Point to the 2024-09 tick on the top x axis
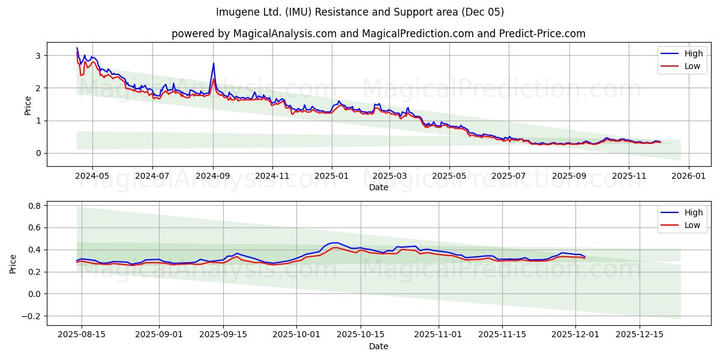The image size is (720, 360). click(213, 176)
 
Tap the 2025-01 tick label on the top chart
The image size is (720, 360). click(332, 176)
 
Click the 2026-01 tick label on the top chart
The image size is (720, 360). click(688, 176)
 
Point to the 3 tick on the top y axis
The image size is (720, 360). click(37, 56)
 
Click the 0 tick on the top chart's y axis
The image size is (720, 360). click(37, 153)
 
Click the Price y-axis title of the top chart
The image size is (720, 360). click(28, 105)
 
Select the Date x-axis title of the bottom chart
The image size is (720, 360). click(378, 346)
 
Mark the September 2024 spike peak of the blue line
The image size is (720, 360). click(214, 64)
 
